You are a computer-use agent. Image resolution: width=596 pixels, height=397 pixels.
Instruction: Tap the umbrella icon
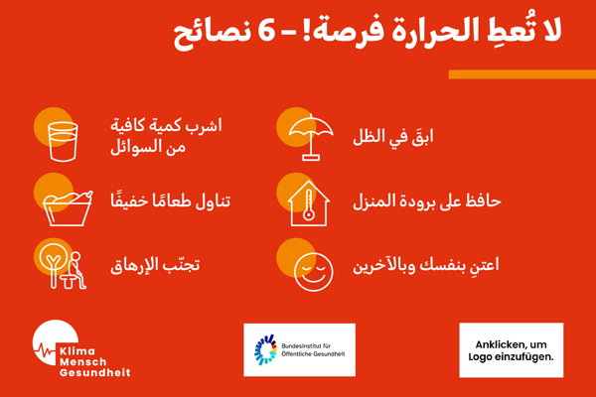[309, 136]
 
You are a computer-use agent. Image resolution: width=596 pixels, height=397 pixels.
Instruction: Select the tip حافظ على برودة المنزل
[427, 200]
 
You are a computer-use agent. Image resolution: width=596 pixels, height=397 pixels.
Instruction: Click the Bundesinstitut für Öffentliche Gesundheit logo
[299, 349]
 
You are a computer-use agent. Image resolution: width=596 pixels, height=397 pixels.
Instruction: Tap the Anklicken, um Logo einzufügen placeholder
[511, 349]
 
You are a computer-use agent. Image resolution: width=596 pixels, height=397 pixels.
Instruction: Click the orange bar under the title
[521, 74]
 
